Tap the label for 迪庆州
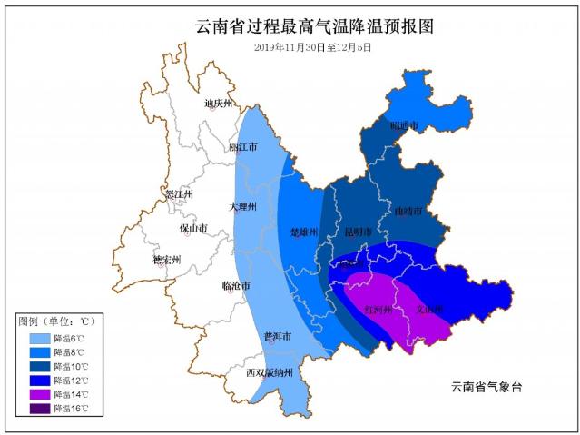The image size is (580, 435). point(219,104)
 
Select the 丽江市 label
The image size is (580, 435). point(242,146)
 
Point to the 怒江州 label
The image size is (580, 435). point(177,194)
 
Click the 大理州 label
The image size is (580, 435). point(242,207)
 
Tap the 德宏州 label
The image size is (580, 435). point(166,260)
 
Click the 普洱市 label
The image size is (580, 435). point(277,336)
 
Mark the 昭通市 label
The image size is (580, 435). point(404,125)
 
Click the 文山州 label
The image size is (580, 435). point(428,309)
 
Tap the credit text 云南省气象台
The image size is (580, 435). point(487,387)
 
